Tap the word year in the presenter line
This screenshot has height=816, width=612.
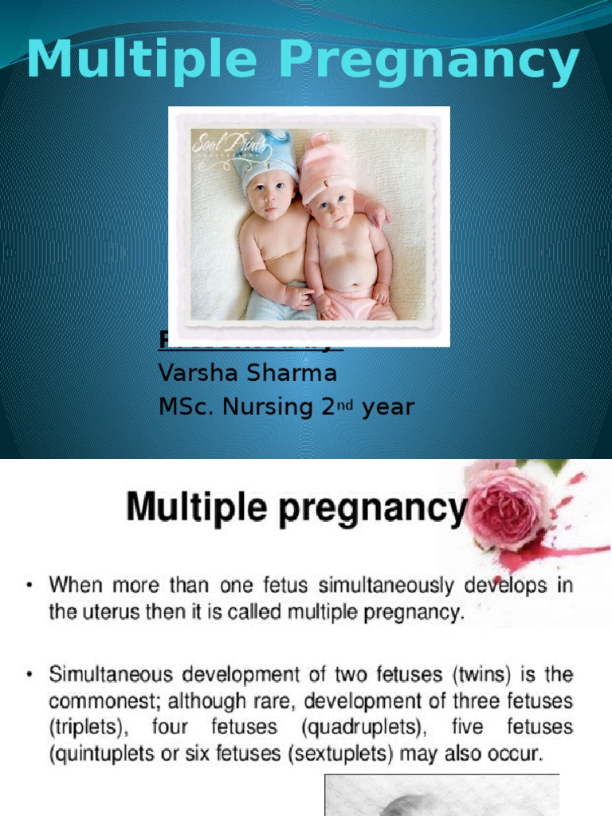point(388,408)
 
